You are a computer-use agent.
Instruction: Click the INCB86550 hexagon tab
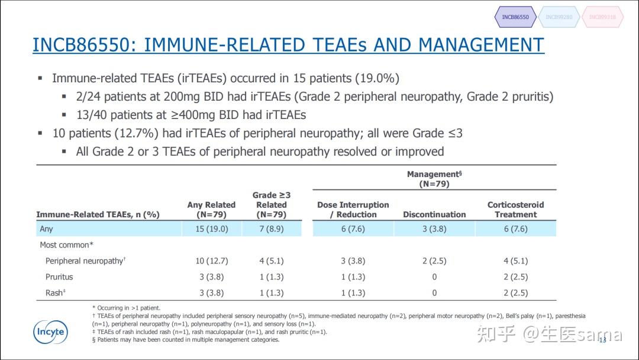[515, 17]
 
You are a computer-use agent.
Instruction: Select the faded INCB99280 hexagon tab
[559, 17]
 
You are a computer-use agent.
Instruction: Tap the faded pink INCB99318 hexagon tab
[602, 17]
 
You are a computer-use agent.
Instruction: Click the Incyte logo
[50, 332]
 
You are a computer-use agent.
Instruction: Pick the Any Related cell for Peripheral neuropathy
[211, 261]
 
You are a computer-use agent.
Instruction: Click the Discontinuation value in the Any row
[434, 229]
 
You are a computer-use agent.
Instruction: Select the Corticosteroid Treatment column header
[515, 210]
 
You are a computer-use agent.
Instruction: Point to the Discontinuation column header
[434, 214]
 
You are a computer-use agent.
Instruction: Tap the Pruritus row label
[59, 277]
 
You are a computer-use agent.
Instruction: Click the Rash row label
[56, 292]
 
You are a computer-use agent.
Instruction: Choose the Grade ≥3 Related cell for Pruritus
[272, 277]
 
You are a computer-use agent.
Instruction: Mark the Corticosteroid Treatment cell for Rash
[515, 292]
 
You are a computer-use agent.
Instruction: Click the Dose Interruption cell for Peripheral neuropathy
[353, 261]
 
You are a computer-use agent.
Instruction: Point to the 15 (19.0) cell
[211, 229]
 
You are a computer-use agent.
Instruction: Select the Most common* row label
[66, 245]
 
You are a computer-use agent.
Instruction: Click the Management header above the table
[434, 179]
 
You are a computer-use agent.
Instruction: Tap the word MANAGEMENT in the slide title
[481, 45]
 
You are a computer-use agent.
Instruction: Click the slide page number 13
[603, 340]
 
